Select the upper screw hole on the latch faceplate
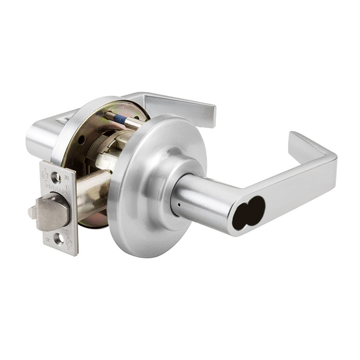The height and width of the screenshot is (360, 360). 58,178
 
